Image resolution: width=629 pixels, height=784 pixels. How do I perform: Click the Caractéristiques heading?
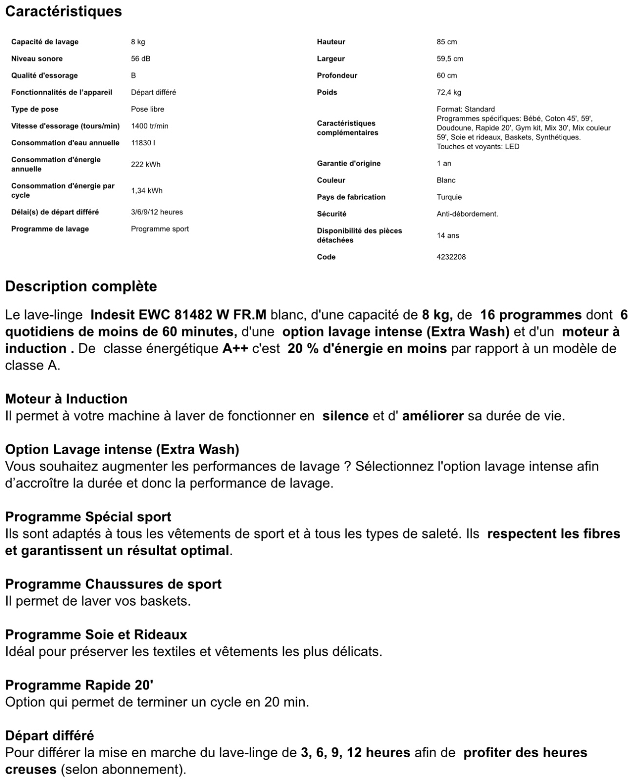click(63, 11)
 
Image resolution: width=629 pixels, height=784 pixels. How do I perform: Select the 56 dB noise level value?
click(140, 58)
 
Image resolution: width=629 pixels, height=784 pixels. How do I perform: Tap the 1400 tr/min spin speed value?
click(149, 126)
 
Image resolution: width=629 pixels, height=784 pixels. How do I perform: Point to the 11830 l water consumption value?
click(143, 143)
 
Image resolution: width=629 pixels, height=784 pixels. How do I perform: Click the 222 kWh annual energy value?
click(145, 164)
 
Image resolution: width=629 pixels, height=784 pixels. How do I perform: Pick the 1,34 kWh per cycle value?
click(146, 191)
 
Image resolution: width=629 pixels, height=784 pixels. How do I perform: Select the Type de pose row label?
click(35, 109)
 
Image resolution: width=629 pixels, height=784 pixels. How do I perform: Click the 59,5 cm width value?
click(450, 58)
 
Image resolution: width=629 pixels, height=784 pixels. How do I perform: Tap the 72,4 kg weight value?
click(449, 92)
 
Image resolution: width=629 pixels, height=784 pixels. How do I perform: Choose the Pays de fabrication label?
click(351, 197)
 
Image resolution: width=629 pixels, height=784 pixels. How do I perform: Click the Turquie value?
click(449, 197)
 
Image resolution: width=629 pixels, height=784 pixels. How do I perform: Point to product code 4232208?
click(451, 257)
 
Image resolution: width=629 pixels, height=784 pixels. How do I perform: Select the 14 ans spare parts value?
click(448, 235)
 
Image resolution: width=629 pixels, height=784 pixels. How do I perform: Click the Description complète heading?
click(81, 286)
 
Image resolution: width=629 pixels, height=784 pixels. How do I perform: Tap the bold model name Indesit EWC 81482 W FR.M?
click(178, 315)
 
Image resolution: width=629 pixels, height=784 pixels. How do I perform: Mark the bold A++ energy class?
click(235, 348)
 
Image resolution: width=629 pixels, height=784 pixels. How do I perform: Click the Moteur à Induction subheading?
click(66, 399)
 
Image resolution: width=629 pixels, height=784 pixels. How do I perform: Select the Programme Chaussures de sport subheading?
click(113, 584)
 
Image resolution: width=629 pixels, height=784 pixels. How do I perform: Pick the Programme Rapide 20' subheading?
click(79, 685)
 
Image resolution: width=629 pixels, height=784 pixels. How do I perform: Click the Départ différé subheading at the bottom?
click(50, 735)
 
